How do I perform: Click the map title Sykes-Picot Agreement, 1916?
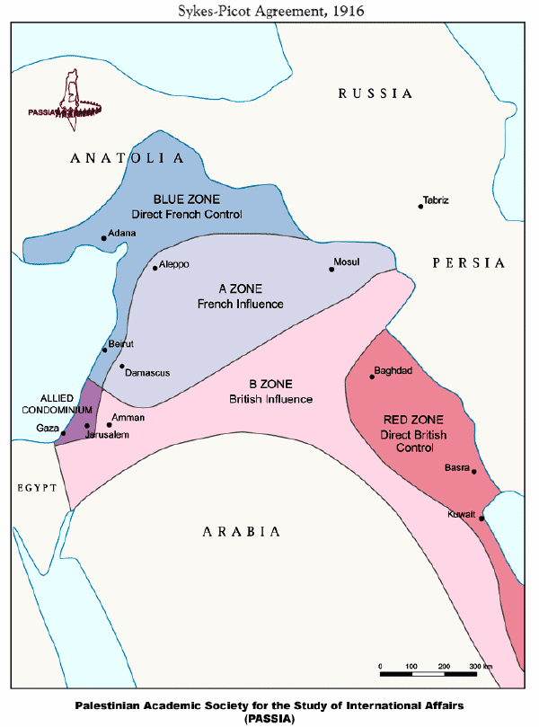pyautogui.click(x=269, y=10)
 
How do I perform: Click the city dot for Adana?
pyautogui.click(x=103, y=238)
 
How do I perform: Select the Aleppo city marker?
pyautogui.click(x=155, y=268)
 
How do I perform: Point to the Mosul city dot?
pyautogui.click(x=331, y=269)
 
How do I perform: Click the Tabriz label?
pyautogui.click(x=436, y=199)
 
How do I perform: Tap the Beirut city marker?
pyautogui.click(x=105, y=350)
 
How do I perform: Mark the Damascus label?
pyautogui.click(x=147, y=372)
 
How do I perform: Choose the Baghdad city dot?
pyautogui.click(x=372, y=377)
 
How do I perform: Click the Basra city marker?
pyautogui.click(x=473, y=471)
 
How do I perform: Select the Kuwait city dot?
pyautogui.click(x=482, y=519)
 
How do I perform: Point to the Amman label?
pyautogui.click(x=128, y=418)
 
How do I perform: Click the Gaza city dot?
pyautogui.click(x=63, y=434)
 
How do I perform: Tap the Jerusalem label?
pyautogui.click(x=108, y=435)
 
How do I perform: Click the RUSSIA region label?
pyautogui.click(x=375, y=93)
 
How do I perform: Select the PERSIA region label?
pyautogui.click(x=468, y=263)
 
